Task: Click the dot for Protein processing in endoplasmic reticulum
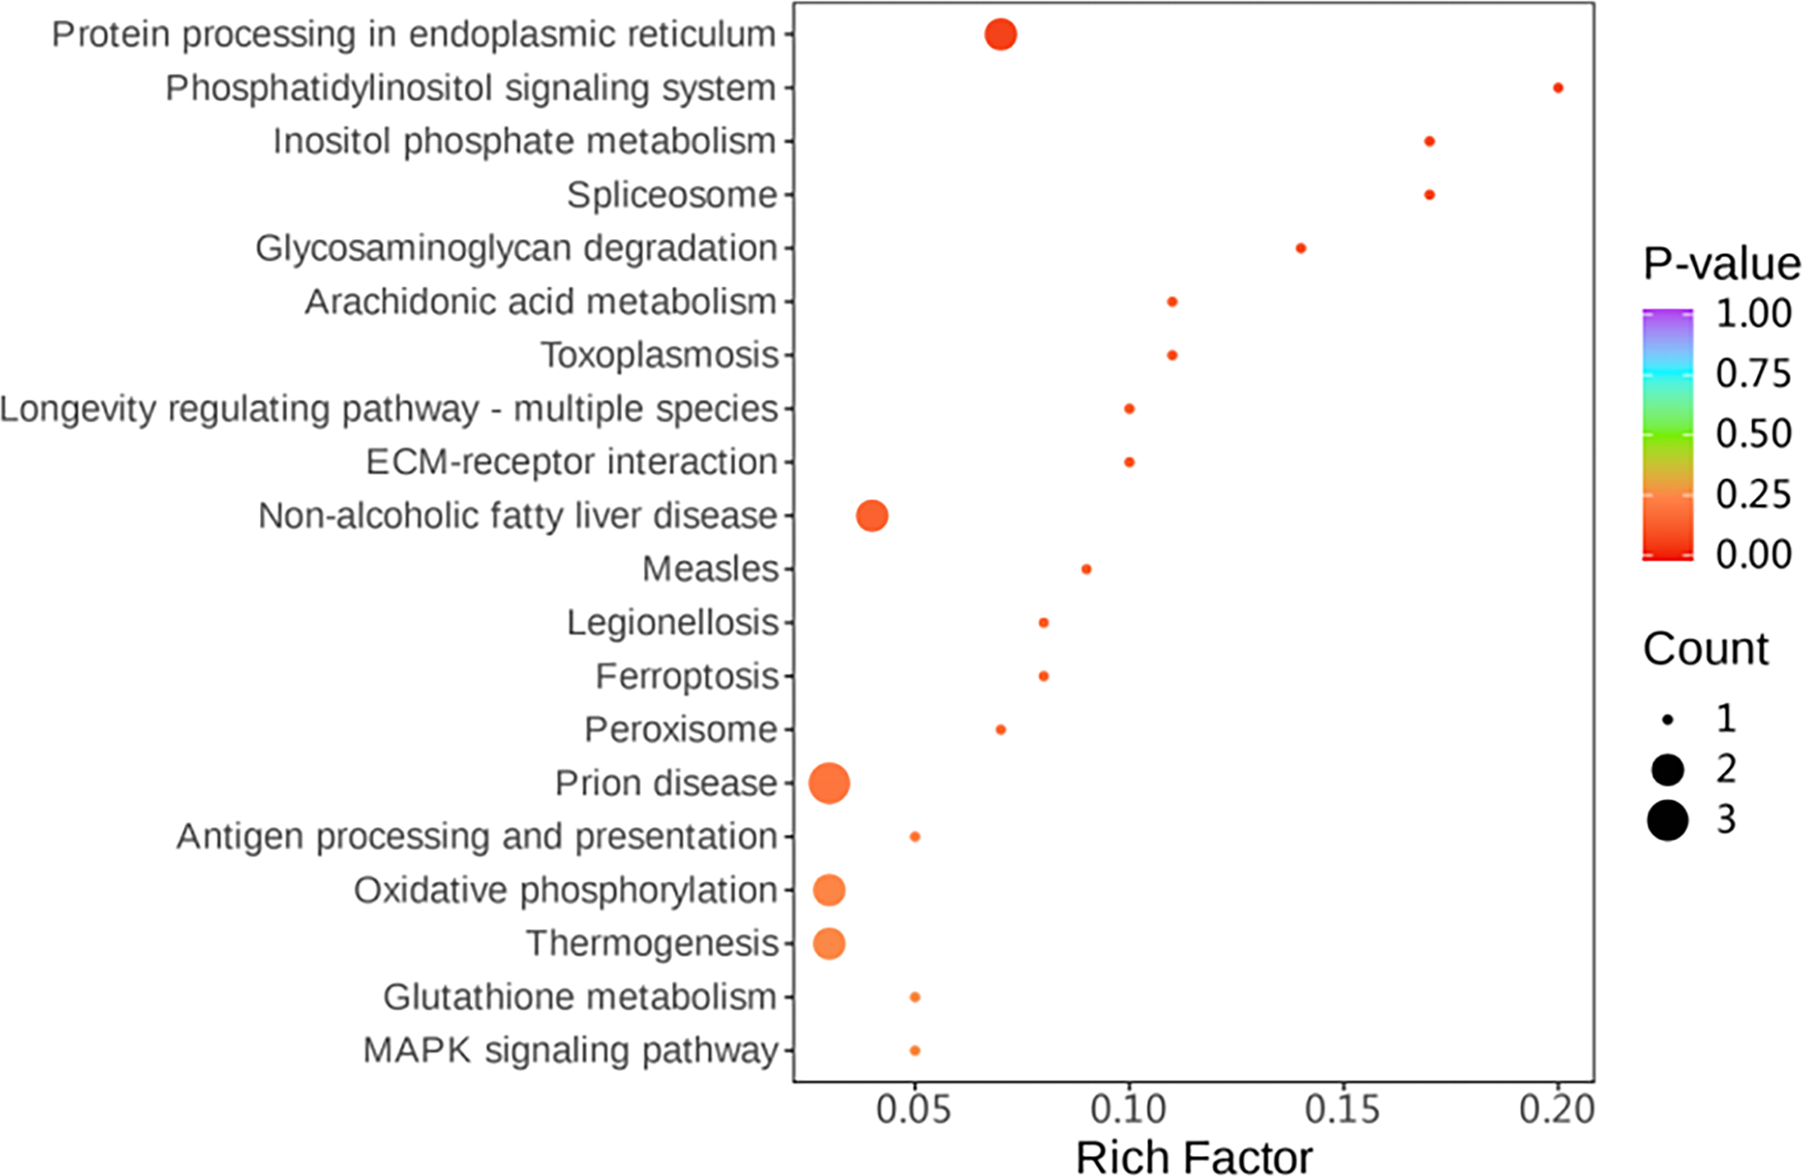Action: click(x=1001, y=35)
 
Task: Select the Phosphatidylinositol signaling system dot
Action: click(x=1558, y=88)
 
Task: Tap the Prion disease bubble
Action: click(x=829, y=783)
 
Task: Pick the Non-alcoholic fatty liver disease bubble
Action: click(x=872, y=516)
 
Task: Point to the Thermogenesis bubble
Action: click(x=829, y=944)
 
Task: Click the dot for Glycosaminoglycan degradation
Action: click(x=1301, y=249)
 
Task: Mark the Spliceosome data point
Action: click(x=1429, y=195)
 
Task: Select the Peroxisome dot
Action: click(x=1001, y=729)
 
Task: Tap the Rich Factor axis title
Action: click(x=1193, y=1158)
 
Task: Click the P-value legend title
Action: click(x=1721, y=263)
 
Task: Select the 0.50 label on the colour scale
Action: click(x=1753, y=434)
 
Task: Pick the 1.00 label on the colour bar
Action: click(x=1753, y=313)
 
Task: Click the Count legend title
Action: click(x=1705, y=649)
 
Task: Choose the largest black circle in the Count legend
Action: click(x=1668, y=820)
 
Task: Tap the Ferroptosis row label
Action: click(x=686, y=676)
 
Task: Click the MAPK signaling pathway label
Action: click(x=570, y=1050)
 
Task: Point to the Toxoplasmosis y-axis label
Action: click(x=659, y=355)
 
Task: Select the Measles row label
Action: click(x=710, y=569)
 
